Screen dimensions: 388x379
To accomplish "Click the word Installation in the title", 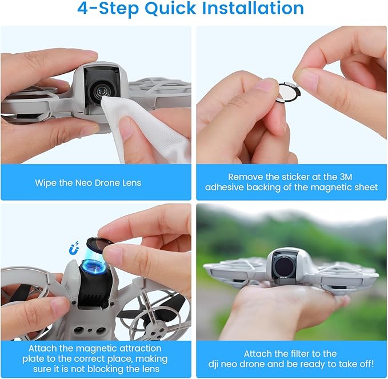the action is pyautogui.click(x=253, y=8).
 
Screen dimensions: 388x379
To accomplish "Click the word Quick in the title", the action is pyautogui.click(x=170, y=9).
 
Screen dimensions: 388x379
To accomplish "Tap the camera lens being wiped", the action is pyautogui.click(x=101, y=92).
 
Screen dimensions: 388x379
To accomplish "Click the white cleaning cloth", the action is pyautogui.click(x=146, y=129).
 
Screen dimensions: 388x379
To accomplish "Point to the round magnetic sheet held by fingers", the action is pyautogui.click(x=288, y=92).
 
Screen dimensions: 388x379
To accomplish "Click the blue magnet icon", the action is pyautogui.click(x=74, y=248).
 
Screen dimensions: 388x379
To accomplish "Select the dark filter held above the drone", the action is pyautogui.click(x=100, y=245).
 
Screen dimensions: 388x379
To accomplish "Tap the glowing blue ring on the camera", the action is pyautogui.click(x=94, y=267).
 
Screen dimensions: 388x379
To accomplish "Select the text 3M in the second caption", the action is pyautogui.click(x=346, y=177).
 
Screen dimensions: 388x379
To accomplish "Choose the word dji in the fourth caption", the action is pyautogui.click(x=213, y=364).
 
